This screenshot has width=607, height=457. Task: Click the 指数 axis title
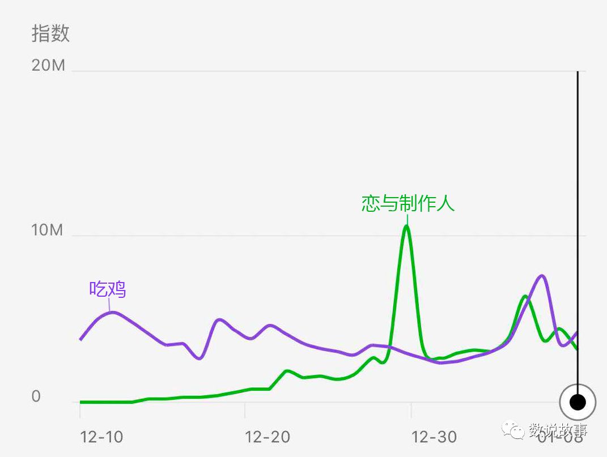[50, 33]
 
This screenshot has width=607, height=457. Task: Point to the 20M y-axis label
[49, 66]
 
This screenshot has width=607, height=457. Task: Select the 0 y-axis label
[36, 396]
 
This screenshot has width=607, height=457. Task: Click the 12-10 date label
[101, 437]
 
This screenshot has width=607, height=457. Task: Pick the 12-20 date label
[268, 437]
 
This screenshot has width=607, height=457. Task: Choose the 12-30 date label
[434, 437]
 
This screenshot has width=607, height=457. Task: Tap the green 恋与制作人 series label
[408, 203]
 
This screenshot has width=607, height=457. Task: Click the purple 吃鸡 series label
[108, 289]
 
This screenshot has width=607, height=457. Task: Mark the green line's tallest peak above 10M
[406, 226]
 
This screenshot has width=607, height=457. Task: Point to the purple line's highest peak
[542, 276]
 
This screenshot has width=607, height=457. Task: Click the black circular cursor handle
[578, 402]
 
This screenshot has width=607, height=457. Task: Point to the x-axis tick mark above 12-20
[245, 410]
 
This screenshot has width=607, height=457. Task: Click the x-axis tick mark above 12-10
[80, 410]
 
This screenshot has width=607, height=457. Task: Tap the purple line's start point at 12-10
[80, 339]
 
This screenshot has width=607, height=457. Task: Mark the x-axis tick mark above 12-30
[411, 410]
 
